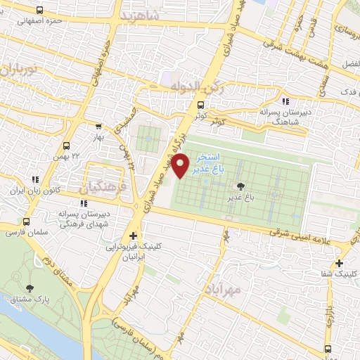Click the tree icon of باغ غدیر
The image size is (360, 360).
coord(242,186)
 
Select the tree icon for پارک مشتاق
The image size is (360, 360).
coord(30,288)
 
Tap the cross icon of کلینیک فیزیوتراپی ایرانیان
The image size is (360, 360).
coord(132,236)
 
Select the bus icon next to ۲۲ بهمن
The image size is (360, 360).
coord(65,146)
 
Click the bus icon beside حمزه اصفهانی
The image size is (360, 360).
coord(38,11)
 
